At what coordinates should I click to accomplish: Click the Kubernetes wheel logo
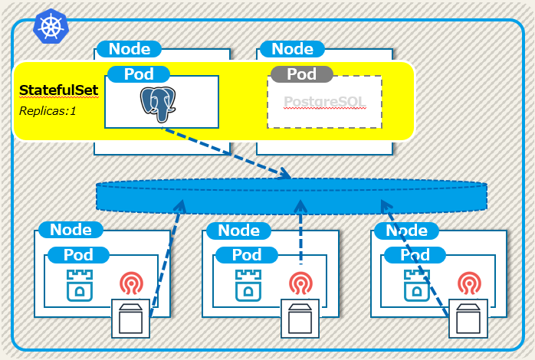tap(51, 28)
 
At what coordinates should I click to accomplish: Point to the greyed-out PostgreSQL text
tap(324, 103)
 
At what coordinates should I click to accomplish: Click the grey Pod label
tap(301, 74)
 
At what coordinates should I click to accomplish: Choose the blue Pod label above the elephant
tap(138, 74)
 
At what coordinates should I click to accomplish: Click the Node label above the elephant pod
tap(130, 49)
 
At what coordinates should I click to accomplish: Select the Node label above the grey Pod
tap(292, 49)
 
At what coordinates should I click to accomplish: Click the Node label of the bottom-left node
tap(71, 230)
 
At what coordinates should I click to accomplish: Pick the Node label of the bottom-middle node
tap(238, 230)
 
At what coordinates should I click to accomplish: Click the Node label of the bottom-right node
tap(405, 230)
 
